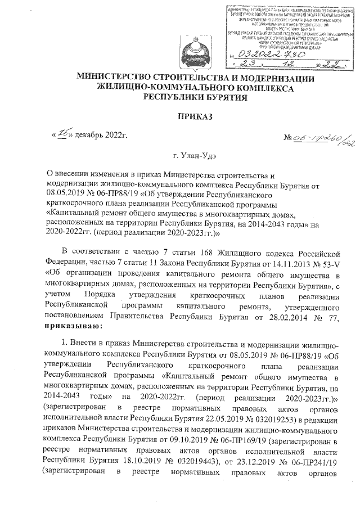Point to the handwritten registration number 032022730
265,53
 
